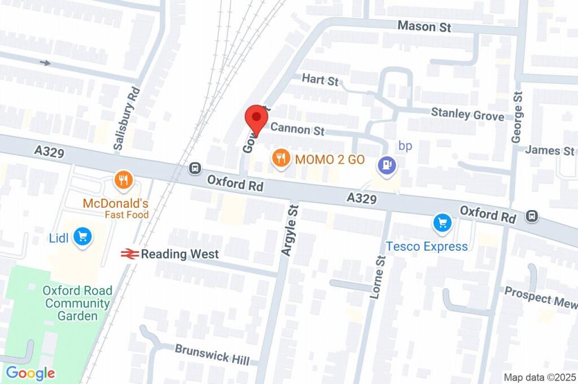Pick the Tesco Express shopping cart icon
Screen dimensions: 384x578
442,223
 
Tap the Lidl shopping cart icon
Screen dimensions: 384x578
83,237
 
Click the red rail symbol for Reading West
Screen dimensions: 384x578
129,254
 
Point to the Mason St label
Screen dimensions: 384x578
424,26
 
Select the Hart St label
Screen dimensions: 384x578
320,79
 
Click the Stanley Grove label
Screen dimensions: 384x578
467,114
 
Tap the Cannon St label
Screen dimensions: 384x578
297,129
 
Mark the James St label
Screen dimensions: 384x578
549,150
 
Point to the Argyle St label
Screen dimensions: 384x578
290,230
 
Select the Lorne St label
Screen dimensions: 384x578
377,275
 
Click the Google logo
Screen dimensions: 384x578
30,373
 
